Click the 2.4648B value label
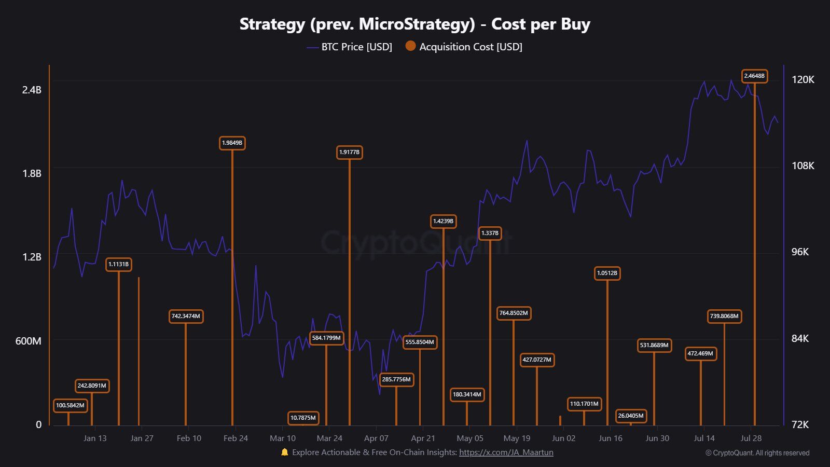754,76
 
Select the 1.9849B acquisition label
232,143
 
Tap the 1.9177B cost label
349,153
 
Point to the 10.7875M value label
303,418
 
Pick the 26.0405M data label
631,416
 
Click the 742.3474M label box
186,317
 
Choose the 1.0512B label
607,273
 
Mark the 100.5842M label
70,406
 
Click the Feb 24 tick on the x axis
236,438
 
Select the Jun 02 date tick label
563,438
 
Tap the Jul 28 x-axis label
751,438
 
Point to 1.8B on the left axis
32,174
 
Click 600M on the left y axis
28,341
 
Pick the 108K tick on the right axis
803,166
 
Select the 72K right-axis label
800,425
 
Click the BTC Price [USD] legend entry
356,47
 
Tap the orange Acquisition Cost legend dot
410,46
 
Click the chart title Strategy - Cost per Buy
414,24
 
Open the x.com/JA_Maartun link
506,452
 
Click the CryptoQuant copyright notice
757,453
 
